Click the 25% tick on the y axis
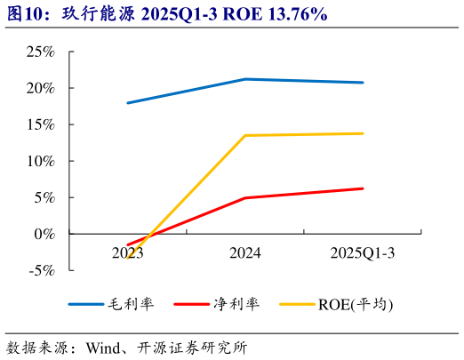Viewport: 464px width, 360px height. coord(40,52)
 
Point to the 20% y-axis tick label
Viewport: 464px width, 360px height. coord(40,89)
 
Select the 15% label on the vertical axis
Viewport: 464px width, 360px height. coord(40,124)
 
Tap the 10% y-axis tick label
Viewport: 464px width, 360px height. coord(40,161)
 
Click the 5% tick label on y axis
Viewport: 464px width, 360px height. coord(44,197)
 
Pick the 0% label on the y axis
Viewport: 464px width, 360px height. coord(44,234)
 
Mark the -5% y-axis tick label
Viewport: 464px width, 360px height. coord(42,270)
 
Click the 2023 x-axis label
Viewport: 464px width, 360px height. coord(128,253)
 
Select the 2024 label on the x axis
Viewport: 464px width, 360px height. coord(245,253)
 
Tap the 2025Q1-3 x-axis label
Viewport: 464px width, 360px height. coord(363,253)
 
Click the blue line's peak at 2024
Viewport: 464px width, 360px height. coord(245,79)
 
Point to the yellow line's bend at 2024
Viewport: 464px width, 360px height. coord(245,135)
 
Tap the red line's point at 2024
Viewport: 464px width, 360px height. coord(245,197)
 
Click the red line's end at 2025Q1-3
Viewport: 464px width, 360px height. coord(363,188)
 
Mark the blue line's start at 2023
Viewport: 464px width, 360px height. coord(128,103)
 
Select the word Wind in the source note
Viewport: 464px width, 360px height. coord(103,347)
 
